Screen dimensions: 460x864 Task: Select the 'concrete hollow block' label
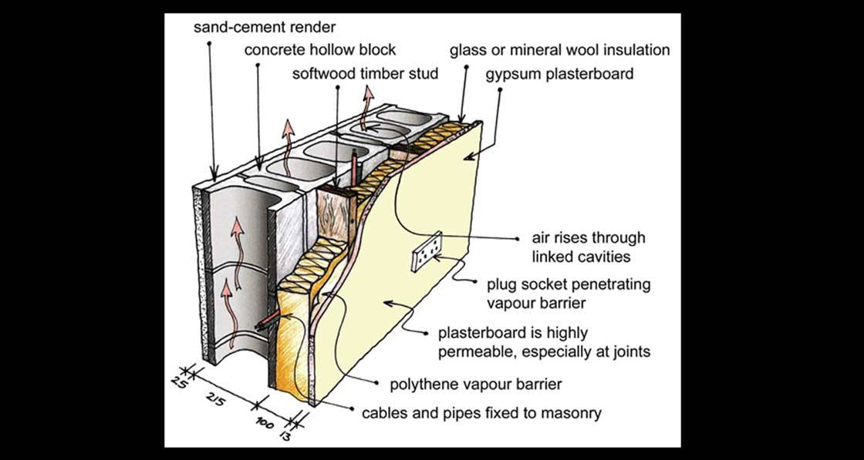[x=320, y=51]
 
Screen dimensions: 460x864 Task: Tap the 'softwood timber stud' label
[x=365, y=75]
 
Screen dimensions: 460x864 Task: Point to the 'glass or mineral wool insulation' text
[x=560, y=51]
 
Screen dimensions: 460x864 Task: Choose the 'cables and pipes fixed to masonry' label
[x=482, y=413]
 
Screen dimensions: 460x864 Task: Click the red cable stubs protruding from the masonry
[x=265, y=324]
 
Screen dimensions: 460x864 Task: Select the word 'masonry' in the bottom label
[x=569, y=413]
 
